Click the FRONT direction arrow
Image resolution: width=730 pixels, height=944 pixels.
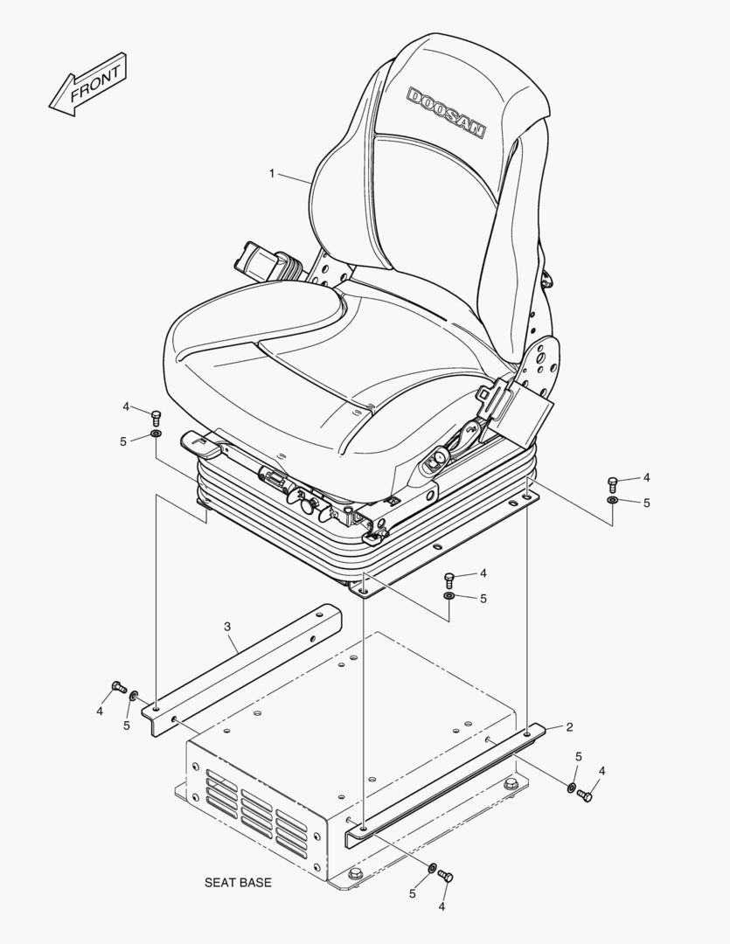coord(87,84)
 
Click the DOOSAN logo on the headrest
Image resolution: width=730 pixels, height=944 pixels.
coord(447,112)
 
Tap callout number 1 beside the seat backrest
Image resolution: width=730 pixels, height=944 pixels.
coord(272,173)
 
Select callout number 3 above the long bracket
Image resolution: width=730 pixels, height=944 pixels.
coord(227,627)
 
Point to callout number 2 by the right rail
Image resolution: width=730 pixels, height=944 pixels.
coord(568,727)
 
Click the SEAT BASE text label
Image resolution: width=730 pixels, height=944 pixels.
coord(238,883)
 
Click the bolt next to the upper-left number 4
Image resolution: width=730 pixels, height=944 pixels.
coord(156,417)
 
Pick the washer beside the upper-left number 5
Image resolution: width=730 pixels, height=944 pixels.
coord(156,434)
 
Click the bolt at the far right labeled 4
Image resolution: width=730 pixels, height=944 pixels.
coord(612,482)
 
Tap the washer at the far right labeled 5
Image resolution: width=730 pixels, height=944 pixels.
coord(612,500)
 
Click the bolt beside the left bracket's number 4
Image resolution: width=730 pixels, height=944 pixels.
coord(119,686)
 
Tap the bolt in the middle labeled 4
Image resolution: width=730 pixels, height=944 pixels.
coord(448,580)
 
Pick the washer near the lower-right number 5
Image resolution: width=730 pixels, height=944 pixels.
coord(570,788)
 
